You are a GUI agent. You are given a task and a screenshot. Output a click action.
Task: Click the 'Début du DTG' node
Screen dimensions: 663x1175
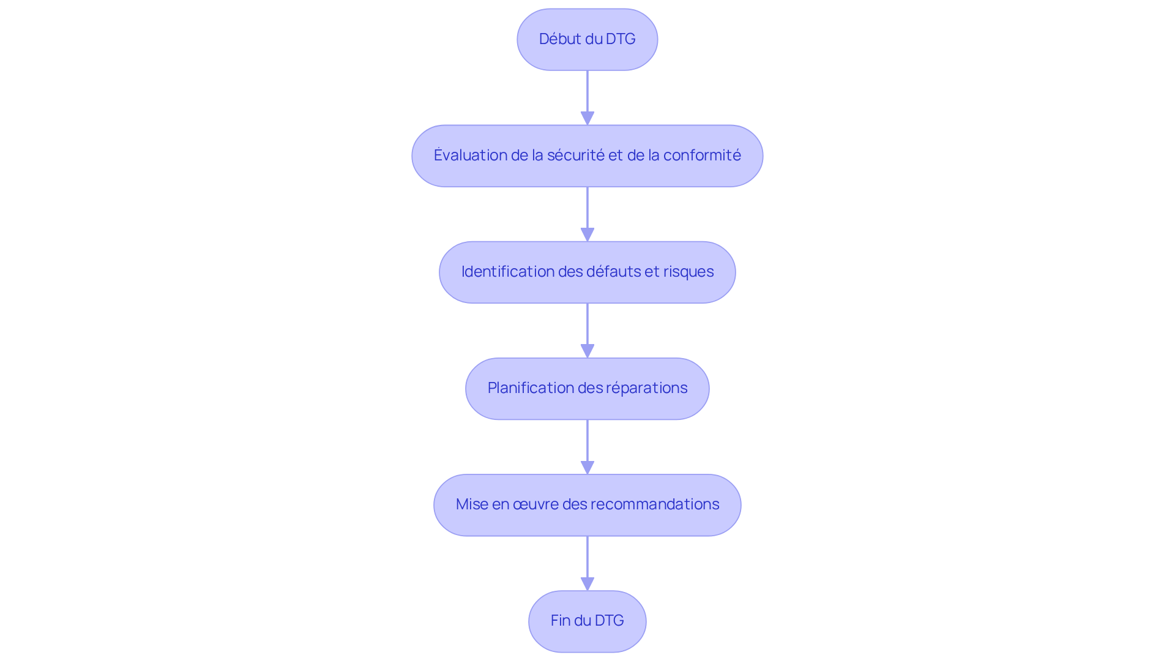click(587, 39)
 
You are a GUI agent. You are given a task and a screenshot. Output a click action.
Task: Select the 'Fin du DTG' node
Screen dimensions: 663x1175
click(587, 621)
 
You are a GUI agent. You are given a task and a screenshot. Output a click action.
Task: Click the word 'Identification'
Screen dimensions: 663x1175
click(507, 272)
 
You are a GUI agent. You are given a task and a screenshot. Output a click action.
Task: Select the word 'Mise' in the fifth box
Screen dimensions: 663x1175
click(472, 504)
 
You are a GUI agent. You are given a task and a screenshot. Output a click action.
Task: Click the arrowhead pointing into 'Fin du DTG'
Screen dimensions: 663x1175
click(587, 584)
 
